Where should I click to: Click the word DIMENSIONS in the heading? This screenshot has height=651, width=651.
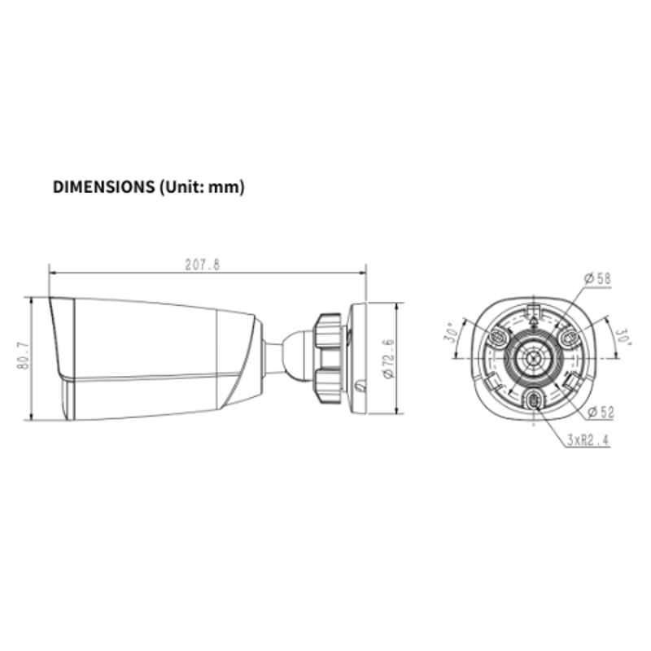click(x=103, y=187)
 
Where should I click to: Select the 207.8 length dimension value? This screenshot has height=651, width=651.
click(x=202, y=264)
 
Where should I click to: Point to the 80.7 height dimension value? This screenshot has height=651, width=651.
click(x=24, y=356)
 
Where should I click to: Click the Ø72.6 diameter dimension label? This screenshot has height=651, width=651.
click(x=389, y=358)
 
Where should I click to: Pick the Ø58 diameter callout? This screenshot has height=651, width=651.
click(x=597, y=278)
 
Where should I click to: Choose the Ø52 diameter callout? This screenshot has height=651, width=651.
click(x=601, y=413)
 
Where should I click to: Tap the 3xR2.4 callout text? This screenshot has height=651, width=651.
click(x=588, y=440)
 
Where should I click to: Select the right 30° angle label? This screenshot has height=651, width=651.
click(x=623, y=337)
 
